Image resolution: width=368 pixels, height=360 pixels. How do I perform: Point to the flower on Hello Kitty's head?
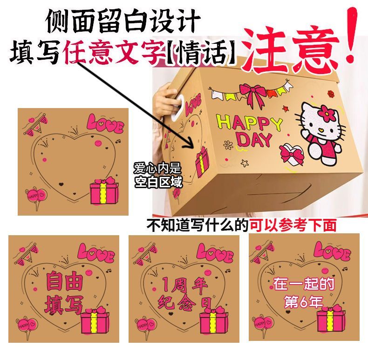pos(327,113)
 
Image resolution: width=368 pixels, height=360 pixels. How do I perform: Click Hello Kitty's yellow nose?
pos(321,129)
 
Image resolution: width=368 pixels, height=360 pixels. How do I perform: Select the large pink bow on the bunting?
pos(252,95)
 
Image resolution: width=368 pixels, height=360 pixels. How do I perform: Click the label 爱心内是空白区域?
pos(158,175)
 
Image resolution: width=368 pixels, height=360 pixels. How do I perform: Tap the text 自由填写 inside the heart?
pos(64,292)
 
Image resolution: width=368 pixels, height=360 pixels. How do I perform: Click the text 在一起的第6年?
pos(304,292)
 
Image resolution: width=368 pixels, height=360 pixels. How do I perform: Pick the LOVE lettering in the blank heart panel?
pos(105,123)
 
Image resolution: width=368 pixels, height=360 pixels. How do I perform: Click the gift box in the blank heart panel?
pos(104,190)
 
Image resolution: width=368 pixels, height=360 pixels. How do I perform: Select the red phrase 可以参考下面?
pos(293,225)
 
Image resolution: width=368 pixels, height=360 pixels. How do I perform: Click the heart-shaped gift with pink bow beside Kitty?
pos(292,155)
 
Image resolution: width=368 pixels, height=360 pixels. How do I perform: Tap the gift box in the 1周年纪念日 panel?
pos(213,320)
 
